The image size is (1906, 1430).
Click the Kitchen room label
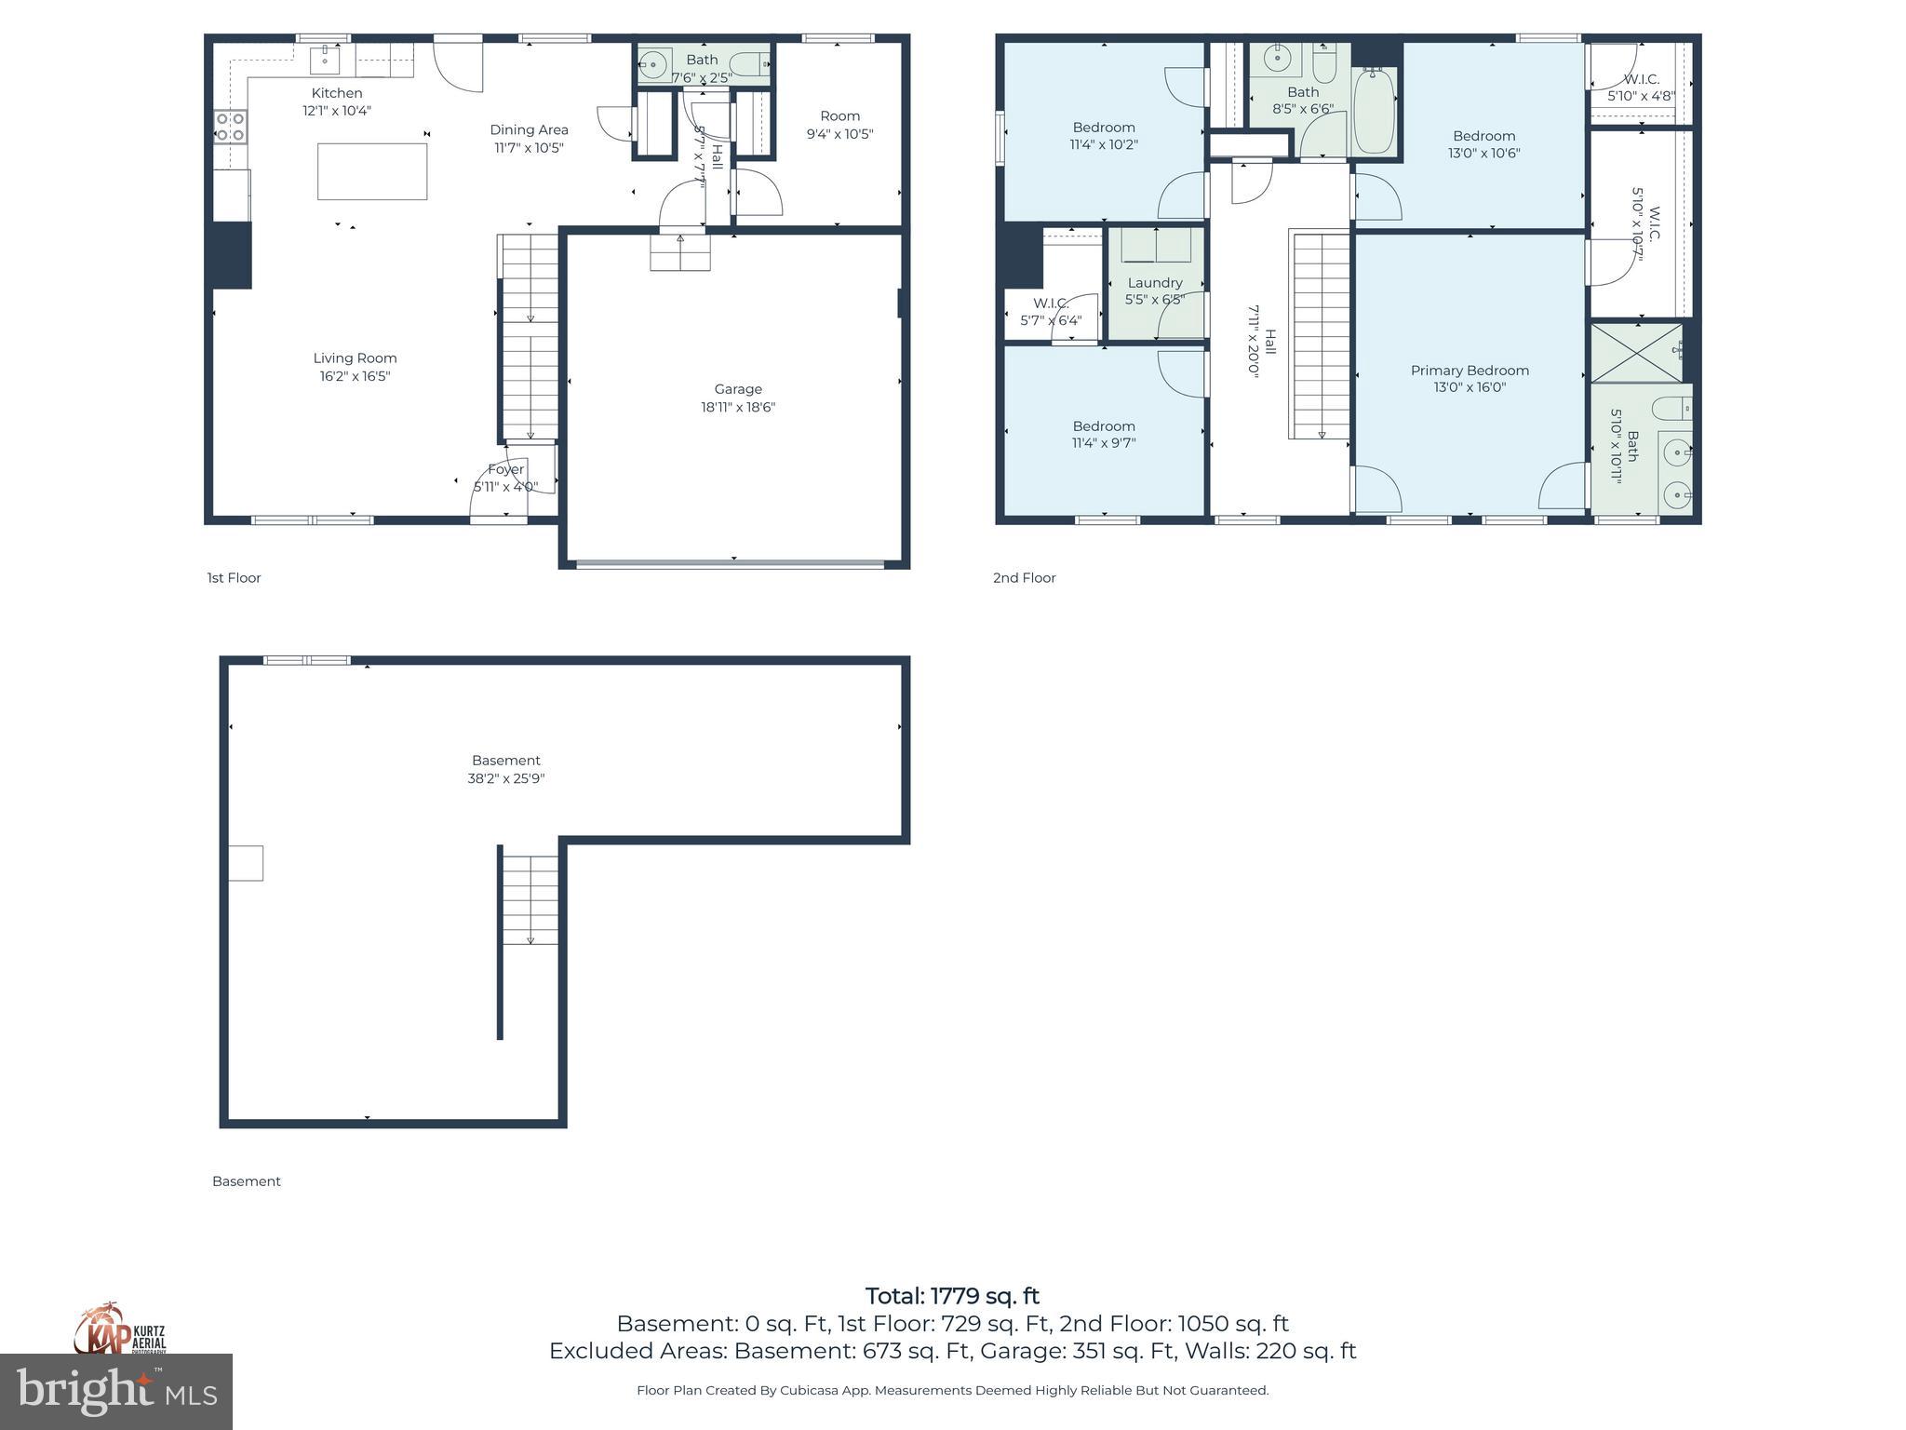(x=337, y=93)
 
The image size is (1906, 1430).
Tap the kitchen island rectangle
(x=372, y=171)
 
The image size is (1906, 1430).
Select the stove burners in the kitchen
(x=230, y=127)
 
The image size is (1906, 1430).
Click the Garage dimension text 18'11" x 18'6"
(x=738, y=407)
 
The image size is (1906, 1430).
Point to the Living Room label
(x=355, y=358)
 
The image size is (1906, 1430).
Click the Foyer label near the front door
(x=506, y=470)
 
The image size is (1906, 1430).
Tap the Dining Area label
(x=529, y=130)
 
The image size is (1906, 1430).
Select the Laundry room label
(x=1155, y=283)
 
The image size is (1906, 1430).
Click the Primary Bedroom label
(x=1470, y=371)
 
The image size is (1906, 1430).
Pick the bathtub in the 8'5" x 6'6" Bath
(x=1374, y=112)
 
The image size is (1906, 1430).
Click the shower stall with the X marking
(x=1637, y=353)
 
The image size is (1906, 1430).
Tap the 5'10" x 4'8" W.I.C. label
(x=1642, y=80)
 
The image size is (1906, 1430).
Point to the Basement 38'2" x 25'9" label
(x=505, y=769)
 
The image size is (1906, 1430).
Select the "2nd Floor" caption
(x=1024, y=578)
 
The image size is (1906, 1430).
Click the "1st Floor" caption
(x=234, y=578)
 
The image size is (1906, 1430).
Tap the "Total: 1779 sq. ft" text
(x=952, y=1296)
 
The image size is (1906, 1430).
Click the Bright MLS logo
(x=116, y=1391)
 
